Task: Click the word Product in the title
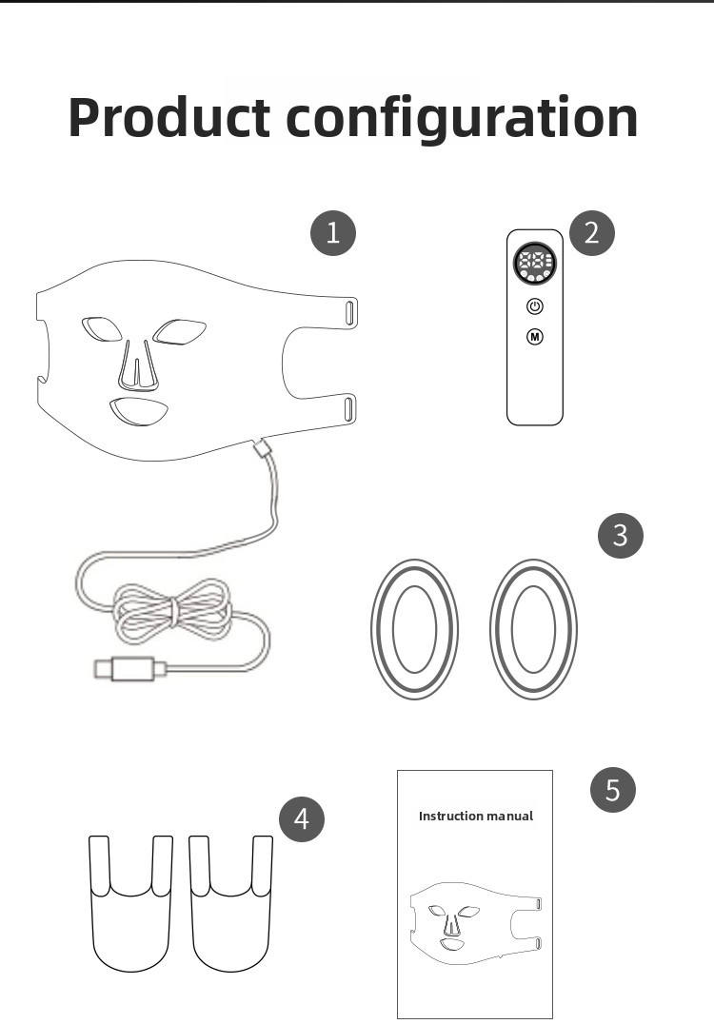point(169,118)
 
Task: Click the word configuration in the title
point(462,120)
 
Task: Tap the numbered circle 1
point(333,232)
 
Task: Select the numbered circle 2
point(592,232)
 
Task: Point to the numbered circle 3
point(621,536)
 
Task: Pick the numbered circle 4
point(302,818)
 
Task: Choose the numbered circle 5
point(613,790)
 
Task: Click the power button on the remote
point(535,305)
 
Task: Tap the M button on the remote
point(535,336)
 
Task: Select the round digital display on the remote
point(535,264)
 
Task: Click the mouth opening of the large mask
point(138,411)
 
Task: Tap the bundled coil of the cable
point(172,611)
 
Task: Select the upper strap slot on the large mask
point(350,311)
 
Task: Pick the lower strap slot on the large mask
point(350,409)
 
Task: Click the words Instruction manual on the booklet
point(476,816)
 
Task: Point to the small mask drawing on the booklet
point(476,923)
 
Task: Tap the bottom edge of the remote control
point(535,424)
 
